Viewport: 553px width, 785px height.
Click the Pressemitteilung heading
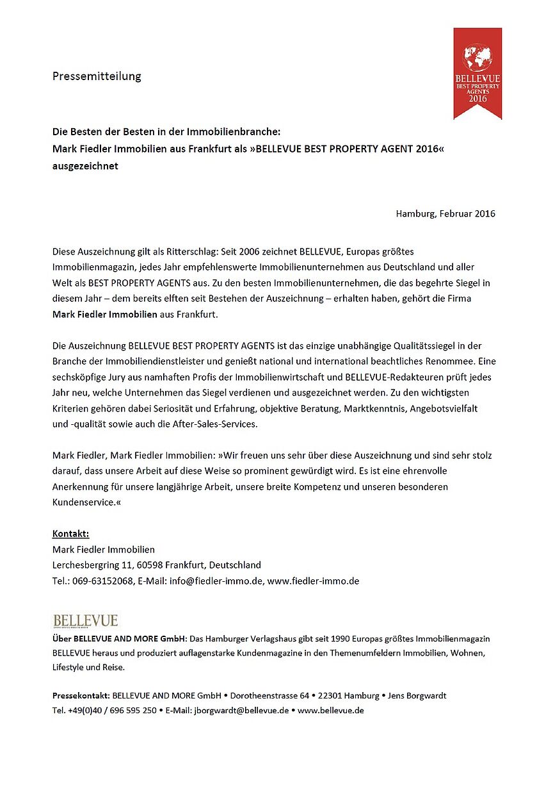pos(97,76)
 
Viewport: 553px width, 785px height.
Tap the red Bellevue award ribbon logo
pos(477,72)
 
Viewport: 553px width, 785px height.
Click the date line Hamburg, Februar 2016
pos(445,213)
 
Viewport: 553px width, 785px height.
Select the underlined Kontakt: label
pos(70,534)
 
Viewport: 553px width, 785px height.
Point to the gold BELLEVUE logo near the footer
pos(86,620)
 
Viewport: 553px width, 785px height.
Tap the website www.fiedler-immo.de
pos(313,581)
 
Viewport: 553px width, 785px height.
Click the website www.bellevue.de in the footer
pos(331,710)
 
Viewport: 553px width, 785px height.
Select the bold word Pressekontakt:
pos(81,695)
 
